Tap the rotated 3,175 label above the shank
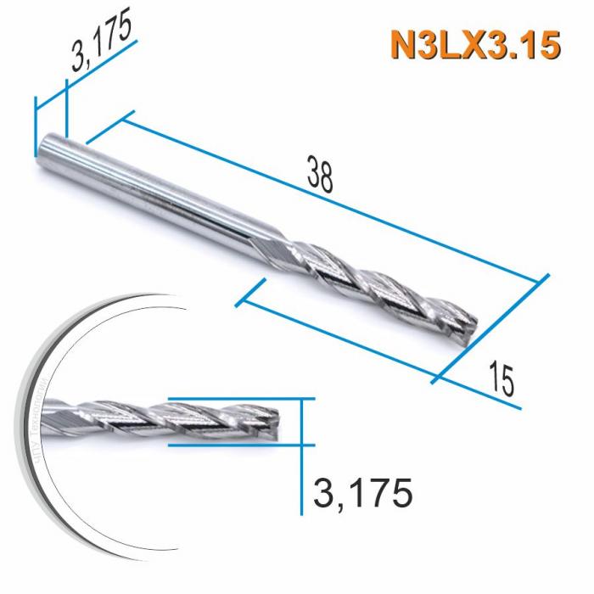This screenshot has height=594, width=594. [103, 44]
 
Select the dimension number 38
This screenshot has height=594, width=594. [320, 177]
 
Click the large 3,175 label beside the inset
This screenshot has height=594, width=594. [363, 493]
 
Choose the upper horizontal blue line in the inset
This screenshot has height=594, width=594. [238, 398]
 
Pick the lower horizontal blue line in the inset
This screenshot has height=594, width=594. [238, 444]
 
